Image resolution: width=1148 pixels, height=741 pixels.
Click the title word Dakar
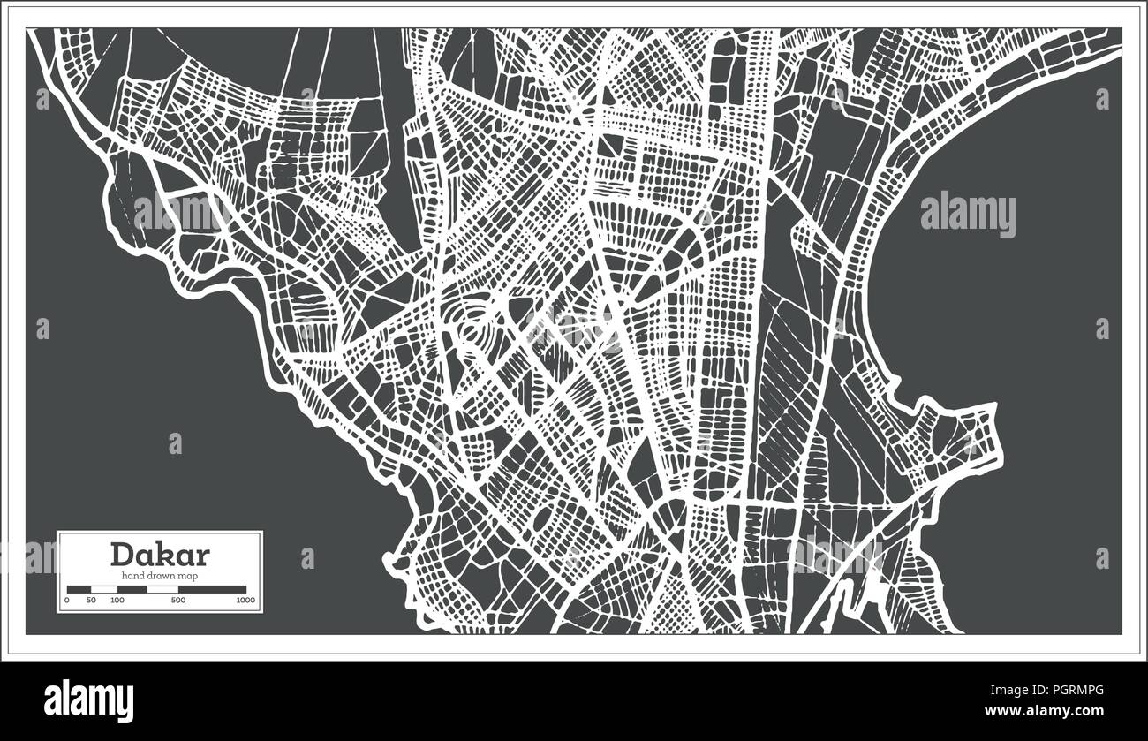(x=160, y=554)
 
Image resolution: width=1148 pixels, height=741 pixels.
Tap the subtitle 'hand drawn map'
(x=160, y=576)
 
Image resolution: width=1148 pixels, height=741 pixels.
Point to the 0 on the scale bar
(x=67, y=601)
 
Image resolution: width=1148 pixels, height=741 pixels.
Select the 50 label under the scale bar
(x=90, y=601)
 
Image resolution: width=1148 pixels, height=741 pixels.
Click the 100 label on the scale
(x=117, y=601)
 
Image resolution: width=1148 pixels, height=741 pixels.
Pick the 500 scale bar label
(x=178, y=601)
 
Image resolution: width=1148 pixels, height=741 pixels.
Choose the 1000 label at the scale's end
(x=245, y=601)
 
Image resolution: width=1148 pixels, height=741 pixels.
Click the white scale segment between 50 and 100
(x=104, y=588)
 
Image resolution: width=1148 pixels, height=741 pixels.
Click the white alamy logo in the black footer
(x=88, y=696)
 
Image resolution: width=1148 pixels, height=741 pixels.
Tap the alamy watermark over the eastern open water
(x=968, y=215)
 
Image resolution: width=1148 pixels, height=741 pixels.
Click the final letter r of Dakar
(x=203, y=556)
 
